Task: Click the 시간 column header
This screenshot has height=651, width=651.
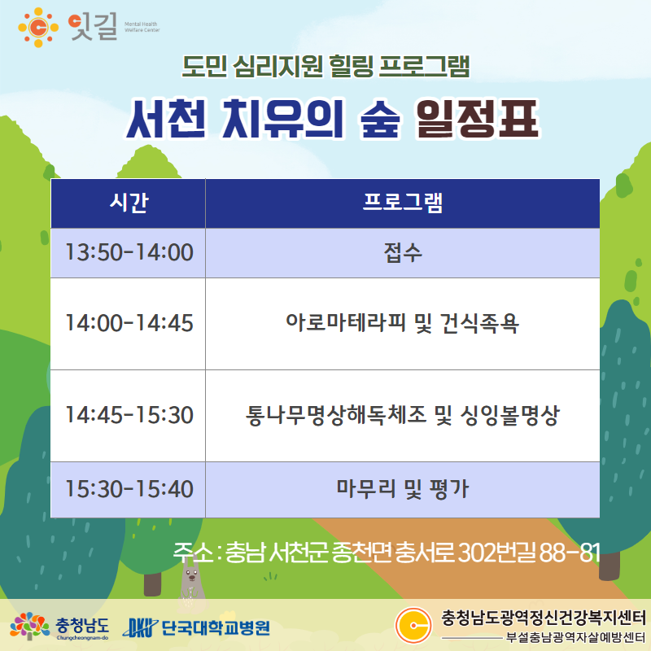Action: pos(129,203)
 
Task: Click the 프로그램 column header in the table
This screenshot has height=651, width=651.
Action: pos(402,203)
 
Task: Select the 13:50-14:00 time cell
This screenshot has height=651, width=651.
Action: pos(129,252)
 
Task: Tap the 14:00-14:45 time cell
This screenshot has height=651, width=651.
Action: pos(129,323)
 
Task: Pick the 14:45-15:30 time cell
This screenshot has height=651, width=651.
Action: pos(129,415)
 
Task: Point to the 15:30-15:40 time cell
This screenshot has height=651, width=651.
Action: pos(129,489)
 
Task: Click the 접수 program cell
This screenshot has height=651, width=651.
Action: pos(402,252)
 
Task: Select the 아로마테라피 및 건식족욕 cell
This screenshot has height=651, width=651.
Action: pos(402,323)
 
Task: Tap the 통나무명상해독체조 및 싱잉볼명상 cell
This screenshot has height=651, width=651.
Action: pos(402,415)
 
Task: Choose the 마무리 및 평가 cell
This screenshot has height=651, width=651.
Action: pos(402,489)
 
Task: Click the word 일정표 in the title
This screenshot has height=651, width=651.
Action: pos(478,119)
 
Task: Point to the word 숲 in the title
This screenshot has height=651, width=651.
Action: pos(380,119)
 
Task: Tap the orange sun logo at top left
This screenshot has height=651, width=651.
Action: pos(38,28)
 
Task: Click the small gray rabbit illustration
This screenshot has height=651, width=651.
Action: pos(191,585)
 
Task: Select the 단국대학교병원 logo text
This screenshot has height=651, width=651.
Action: pos(216,627)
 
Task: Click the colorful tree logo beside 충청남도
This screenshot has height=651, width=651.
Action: pos(29,626)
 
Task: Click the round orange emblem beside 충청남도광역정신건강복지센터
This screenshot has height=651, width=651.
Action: pos(413,625)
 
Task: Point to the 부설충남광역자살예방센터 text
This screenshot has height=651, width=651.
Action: pos(575,637)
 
